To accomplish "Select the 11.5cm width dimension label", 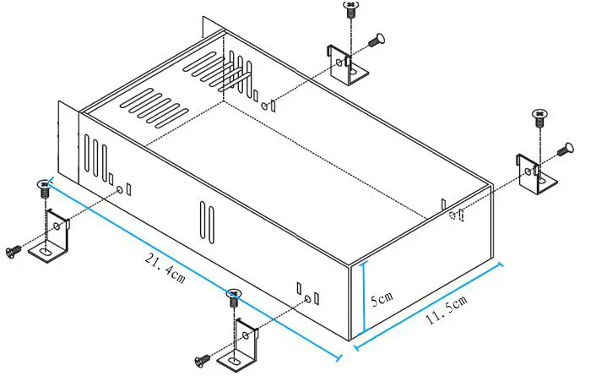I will click(445, 309).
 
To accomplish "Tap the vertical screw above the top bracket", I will click(350, 9).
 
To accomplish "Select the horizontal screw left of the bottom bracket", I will click(203, 361).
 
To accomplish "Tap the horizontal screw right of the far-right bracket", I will click(564, 151).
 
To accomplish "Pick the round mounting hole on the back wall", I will click(266, 106).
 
